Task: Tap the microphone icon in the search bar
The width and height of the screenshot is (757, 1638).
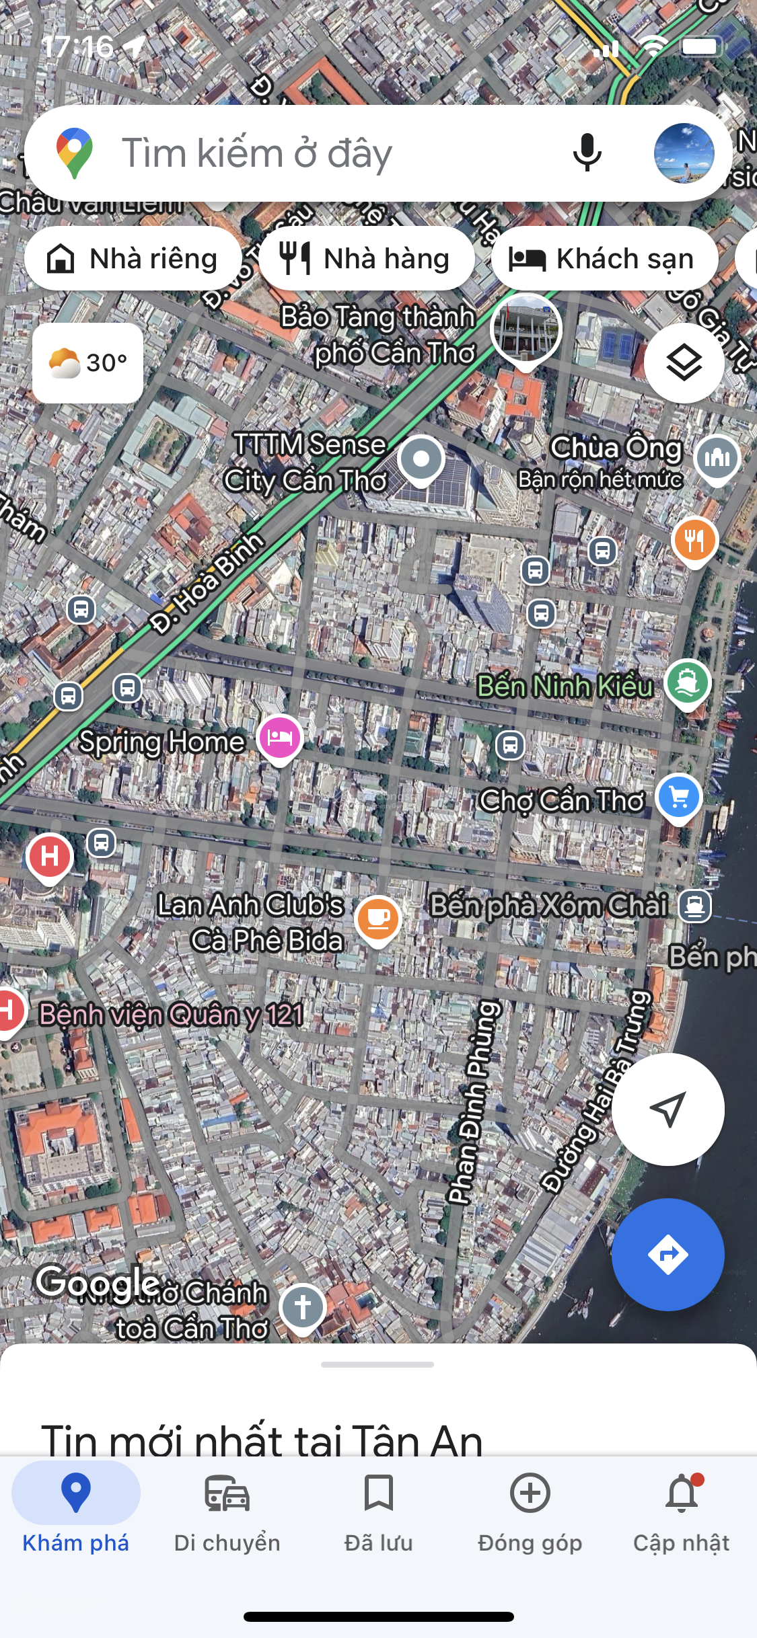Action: tap(587, 153)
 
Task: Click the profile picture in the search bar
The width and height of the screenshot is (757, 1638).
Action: tap(684, 153)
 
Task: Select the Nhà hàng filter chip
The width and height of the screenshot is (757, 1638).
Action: tap(366, 259)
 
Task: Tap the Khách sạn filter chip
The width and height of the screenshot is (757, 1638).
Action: tap(604, 259)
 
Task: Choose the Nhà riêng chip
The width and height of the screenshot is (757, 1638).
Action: tap(133, 259)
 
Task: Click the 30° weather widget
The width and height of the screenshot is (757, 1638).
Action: tap(87, 363)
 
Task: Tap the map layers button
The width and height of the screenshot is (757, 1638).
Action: tap(684, 363)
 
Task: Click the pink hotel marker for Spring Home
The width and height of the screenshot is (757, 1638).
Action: tap(280, 738)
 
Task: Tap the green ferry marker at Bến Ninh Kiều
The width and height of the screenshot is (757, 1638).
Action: tap(687, 682)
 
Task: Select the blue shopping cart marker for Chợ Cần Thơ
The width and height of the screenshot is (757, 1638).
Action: tap(679, 797)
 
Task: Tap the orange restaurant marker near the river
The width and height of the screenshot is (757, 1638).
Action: tap(694, 540)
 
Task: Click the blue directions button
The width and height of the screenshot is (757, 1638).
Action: tap(668, 1255)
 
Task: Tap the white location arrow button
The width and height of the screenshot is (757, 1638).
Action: tap(668, 1109)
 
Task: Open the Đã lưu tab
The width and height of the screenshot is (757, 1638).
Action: tap(378, 1509)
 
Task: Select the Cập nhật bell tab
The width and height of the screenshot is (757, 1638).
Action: tap(681, 1509)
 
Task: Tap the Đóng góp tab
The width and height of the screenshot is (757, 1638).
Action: tap(530, 1509)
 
